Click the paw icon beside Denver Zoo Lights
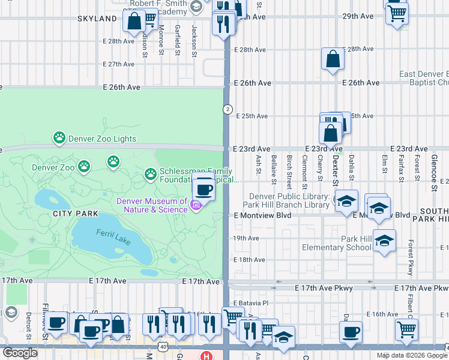[59, 139]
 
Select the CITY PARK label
[75, 214]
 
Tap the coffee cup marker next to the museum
[204, 189]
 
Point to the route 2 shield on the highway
[228, 109]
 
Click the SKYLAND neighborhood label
[97, 19]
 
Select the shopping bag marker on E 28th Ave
[332, 59]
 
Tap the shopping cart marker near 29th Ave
[396, 13]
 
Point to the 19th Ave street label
[246, 238]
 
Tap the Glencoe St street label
[433, 171]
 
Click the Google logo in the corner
[20, 353]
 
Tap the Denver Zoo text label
[53, 168]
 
